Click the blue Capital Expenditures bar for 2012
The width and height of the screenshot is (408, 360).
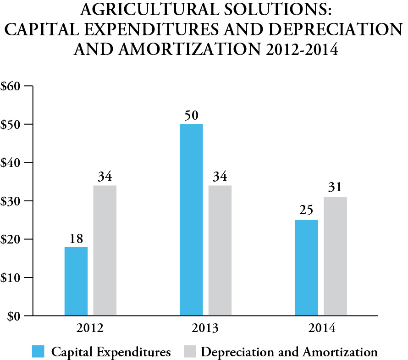(x=76, y=281)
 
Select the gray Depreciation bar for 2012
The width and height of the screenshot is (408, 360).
(x=105, y=250)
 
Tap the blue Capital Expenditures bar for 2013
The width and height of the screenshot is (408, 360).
(x=191, y=220)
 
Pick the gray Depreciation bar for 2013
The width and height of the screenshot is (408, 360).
(x=220, y=250)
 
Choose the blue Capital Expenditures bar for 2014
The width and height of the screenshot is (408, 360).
(x=306, y=268)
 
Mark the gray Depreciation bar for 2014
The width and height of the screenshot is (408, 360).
(x=335, y=256)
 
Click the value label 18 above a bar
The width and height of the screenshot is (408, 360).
(x=76, y=238)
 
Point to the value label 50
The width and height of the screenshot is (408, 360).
(x=191, y=115)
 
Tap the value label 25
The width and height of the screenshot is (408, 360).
(x=306, y=211)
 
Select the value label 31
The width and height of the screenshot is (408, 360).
(x=335, y=188)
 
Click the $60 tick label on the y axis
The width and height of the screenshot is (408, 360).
(x=13, y=86)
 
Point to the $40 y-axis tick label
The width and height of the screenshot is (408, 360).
(x=13, y=163)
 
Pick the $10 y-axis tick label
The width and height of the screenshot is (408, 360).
(x=13, y=277)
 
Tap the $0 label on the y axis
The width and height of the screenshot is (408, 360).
(x=16, y=316)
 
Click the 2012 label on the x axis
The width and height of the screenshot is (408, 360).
(x=91, y=329)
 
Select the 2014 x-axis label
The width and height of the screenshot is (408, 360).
(x=321, y=329)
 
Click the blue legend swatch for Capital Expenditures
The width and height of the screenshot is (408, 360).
(x=38, y=352)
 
